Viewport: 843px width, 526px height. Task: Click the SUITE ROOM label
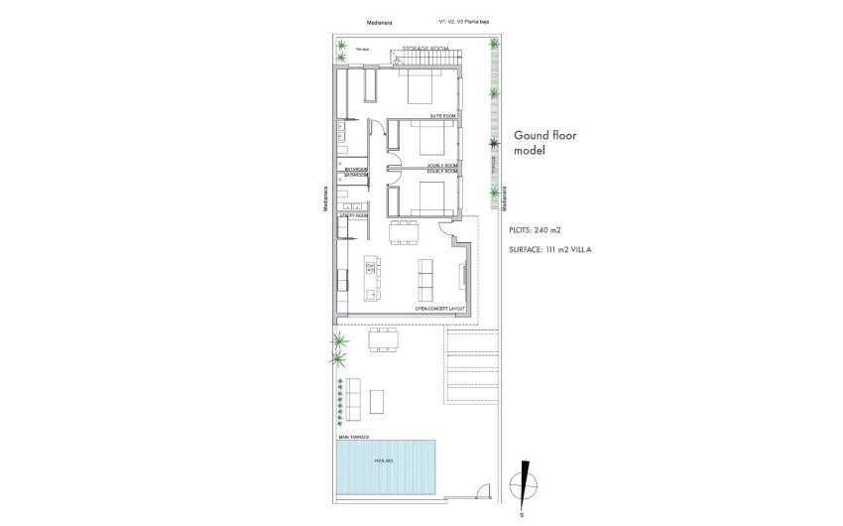pyautogui.click(x=443, y=117)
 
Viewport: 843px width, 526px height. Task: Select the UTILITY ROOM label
pyautogui.click(x=354, y=215)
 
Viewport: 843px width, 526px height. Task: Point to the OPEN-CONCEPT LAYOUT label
pyautogui.click(x=440, y=309)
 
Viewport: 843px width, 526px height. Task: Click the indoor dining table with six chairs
pyautogui.click(x=404, y=232)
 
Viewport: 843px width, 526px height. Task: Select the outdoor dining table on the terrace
pyautogui.click(x=383, y=341)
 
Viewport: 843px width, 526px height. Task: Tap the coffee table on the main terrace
pyautogui.click(x=378, y=401)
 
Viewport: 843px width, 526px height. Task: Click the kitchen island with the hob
pyautogui.click(x=372, y=278)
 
